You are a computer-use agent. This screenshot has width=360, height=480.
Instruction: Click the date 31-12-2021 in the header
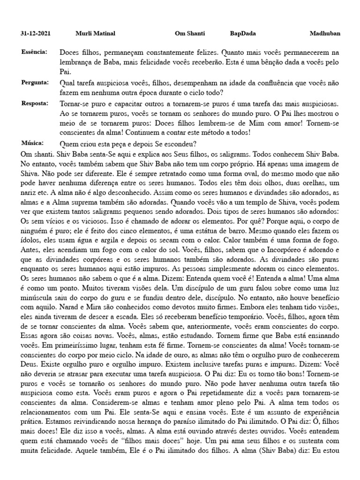click(x=36, y=34)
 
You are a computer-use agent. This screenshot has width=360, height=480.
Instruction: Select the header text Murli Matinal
click(x=95, y=34)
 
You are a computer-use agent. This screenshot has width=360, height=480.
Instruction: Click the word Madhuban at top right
click(x=325, y=34)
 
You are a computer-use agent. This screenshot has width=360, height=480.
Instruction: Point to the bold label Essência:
click(x=34, y=52)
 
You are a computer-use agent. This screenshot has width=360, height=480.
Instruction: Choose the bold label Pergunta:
click(x=35, y=82)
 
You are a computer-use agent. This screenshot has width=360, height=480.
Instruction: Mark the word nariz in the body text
click(x=30, y=194)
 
